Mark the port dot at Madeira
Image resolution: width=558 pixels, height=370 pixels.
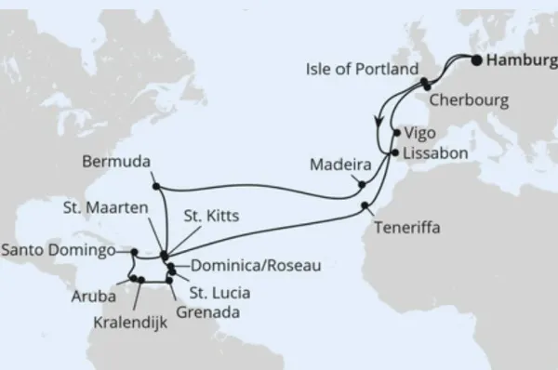(363, 185)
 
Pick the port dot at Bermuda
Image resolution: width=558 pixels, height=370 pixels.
(155, 184)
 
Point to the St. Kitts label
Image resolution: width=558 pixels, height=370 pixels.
(211, 216)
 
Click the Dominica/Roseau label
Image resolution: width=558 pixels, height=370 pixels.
(250, 266)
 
